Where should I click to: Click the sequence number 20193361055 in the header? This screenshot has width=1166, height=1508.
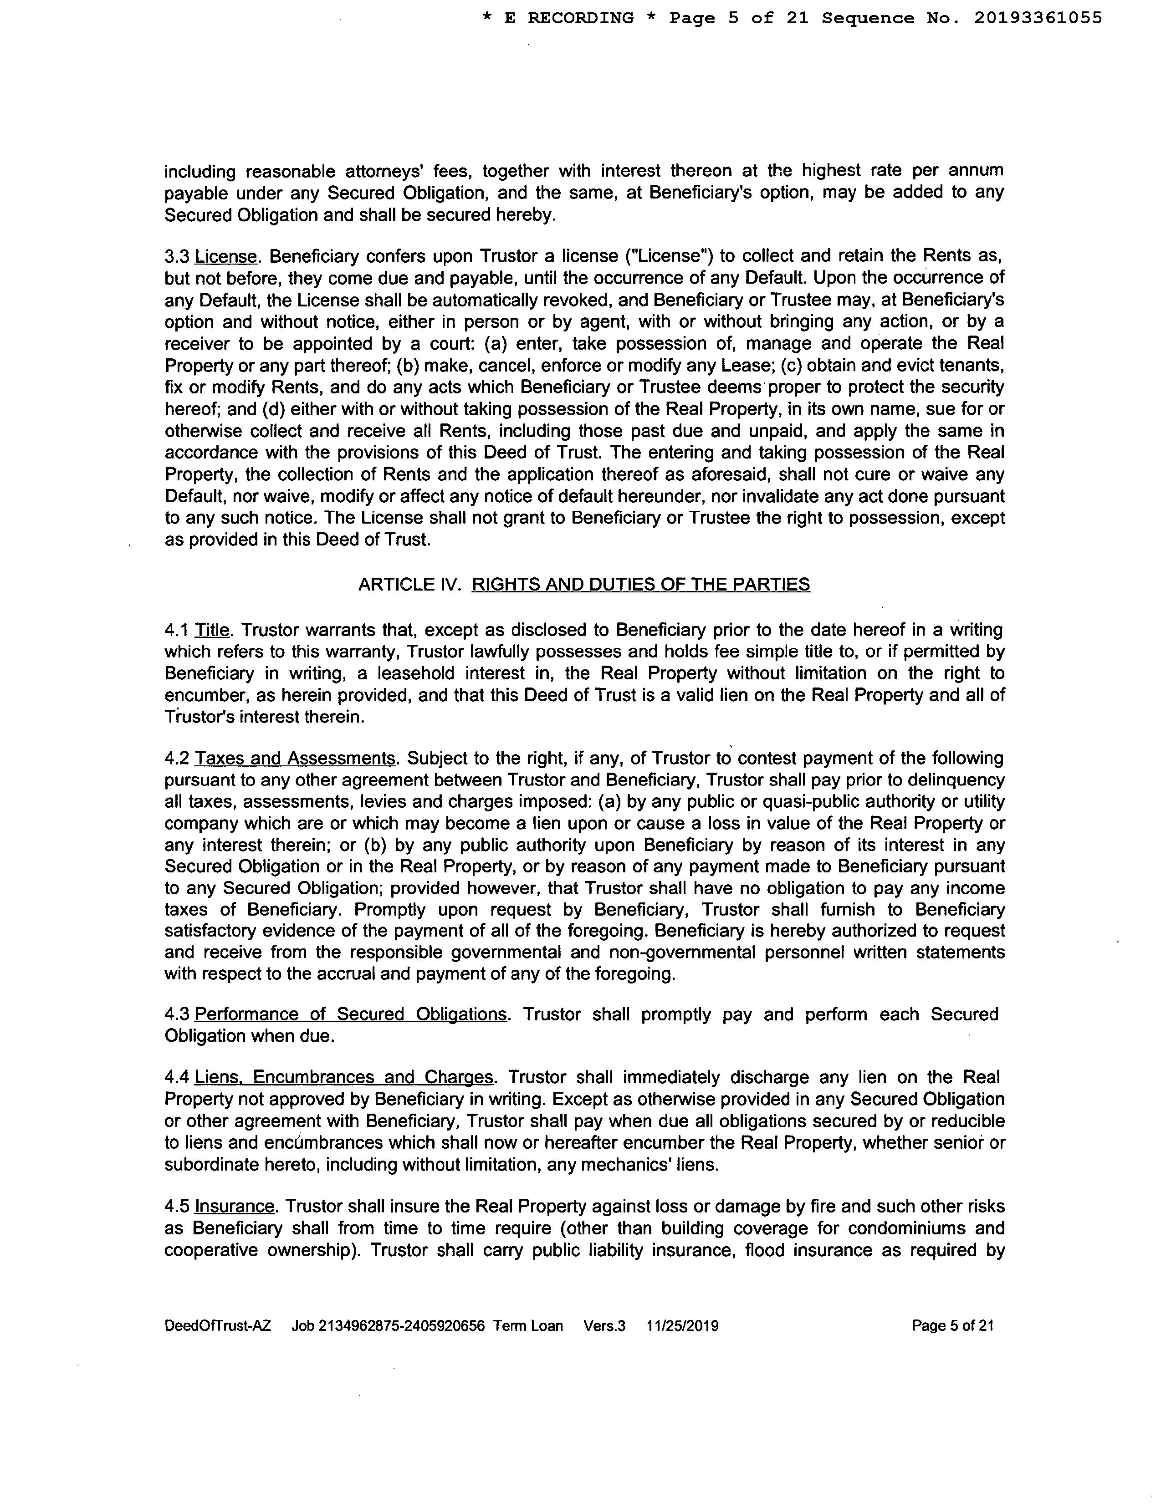point(1038,19)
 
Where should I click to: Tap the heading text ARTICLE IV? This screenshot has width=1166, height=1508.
point(409,585)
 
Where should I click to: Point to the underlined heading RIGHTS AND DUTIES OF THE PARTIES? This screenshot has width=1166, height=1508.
point(640,585)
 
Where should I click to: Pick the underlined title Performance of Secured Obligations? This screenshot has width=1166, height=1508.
point(351,1014)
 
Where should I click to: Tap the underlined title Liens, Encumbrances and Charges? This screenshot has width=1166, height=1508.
point(344,1078)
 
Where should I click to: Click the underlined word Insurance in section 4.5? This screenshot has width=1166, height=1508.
point(235,1206)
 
